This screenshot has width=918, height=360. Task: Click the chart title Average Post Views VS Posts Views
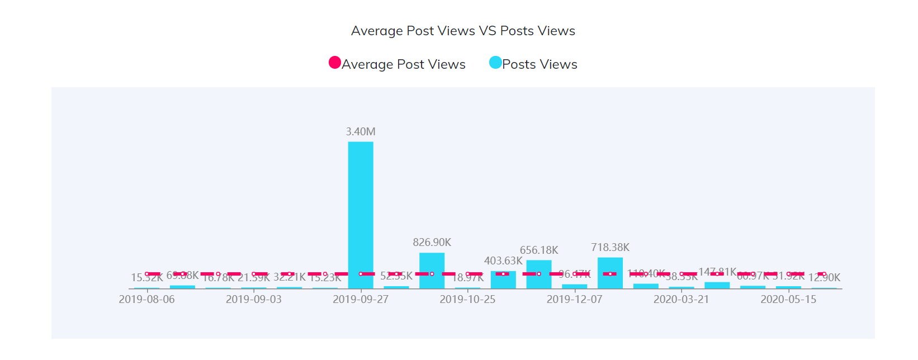(463, 31)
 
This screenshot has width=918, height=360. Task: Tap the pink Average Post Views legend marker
(335, 63)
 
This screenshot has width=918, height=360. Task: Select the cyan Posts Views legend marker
(495, 63)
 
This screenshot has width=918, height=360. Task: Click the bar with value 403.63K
(503, 282)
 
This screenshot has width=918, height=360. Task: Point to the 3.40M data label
(361, 132)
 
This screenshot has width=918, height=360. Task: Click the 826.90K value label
(432, 243)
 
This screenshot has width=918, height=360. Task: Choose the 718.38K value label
(610, 248)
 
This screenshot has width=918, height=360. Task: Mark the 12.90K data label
(824, 278)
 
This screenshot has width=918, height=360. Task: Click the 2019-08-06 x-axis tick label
(146, 300)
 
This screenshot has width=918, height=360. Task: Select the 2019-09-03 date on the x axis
(254, 300)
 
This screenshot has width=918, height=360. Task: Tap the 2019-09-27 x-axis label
(361, 300)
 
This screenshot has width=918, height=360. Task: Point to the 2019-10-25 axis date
(467, 300)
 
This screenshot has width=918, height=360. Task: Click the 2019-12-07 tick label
(574, 300)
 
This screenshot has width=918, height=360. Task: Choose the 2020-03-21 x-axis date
(681, 300)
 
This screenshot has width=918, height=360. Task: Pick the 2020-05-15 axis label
(788, 300)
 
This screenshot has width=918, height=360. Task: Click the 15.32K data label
(146, 278)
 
